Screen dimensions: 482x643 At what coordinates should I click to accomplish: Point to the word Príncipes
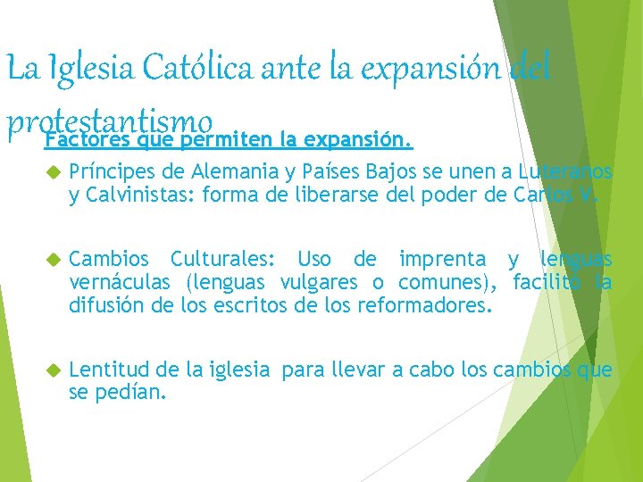pos(108,171)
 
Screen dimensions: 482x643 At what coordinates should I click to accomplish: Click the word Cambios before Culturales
pos(106,260)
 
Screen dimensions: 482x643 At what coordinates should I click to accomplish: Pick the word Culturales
pos(223,260)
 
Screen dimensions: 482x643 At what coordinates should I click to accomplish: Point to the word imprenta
pos(443,260)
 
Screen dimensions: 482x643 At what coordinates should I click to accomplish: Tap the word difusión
pos(104,308)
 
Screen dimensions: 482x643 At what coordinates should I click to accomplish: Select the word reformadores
pos(428,308)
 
